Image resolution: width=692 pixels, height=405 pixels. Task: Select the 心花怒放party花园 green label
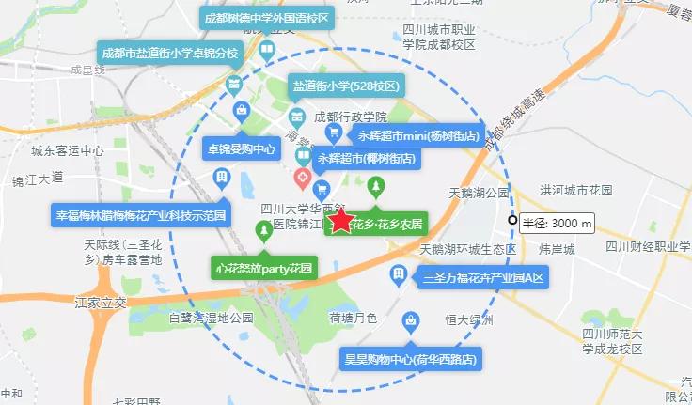click(263, 268)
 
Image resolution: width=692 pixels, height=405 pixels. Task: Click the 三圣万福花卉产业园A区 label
click(484, 278)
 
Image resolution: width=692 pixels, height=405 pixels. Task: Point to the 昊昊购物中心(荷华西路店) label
click(411, 359)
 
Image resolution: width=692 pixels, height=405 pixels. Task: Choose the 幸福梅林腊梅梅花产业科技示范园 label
click(142, 215)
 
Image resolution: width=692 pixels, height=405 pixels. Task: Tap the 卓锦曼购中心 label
click(242, 148)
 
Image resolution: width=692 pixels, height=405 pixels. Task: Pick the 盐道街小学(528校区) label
click(347, 86)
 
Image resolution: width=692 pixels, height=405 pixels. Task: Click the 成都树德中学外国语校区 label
click(267, 19)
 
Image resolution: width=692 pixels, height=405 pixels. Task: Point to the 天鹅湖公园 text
click(479, 193)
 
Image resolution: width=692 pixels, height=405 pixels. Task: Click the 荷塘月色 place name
click(353, 319)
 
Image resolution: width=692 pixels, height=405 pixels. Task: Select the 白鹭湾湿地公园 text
click(212, 319)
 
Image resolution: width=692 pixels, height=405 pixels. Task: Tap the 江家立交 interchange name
click(101, 303)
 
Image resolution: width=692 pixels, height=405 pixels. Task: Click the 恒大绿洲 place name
click(470, 319)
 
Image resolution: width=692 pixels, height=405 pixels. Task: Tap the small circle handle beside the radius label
click(512, 220)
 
